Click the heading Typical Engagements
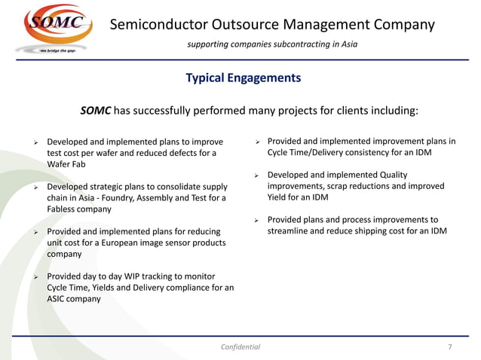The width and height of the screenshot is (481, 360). pyautogui.click(x=243, y=78)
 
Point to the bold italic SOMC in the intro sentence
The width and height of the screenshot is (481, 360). pyautogui.click(x=96, y=111)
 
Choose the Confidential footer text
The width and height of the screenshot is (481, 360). pyautogui.click(x=240, y=346)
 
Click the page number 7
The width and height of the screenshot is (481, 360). pyautogui.click(x=449, y=346)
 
